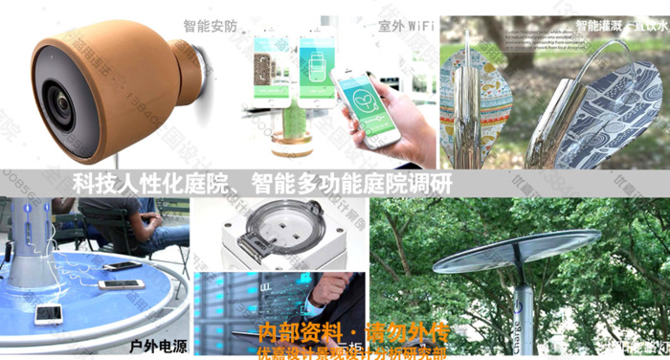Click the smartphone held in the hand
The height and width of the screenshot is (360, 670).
pos(367,106)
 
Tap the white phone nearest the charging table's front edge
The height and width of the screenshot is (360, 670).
pos(49,312)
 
